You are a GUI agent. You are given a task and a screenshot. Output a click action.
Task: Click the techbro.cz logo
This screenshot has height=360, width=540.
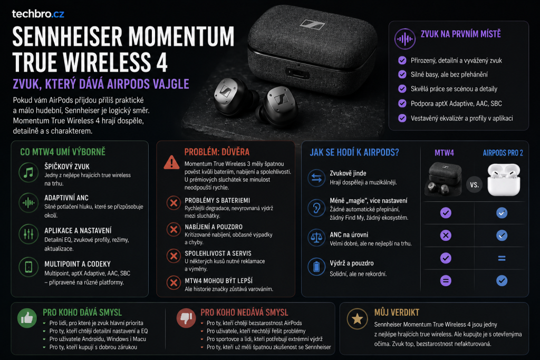(x=38, y=14)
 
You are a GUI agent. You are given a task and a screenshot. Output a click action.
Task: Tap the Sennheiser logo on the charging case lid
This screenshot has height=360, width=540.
(x=312, y=24)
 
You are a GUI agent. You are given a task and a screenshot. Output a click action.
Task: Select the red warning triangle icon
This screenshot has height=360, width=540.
(x=171, y=162)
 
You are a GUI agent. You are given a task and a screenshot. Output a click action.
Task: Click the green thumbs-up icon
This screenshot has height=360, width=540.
(x=27, y=318)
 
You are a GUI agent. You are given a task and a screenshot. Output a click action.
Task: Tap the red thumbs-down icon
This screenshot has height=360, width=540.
(x=186, y=318)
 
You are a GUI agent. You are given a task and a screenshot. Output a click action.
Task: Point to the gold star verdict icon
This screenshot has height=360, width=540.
(x=357, y=319)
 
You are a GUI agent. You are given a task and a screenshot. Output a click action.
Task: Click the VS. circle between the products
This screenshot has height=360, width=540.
(x=474, y=185)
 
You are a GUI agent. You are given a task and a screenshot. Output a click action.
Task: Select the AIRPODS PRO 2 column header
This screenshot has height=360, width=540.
(x=503, y=153)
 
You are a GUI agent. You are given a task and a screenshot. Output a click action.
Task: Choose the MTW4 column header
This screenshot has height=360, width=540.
(x=444, y=153)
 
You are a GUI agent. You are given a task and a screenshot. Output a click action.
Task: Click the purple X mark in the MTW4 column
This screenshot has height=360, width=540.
(x=446, y=236)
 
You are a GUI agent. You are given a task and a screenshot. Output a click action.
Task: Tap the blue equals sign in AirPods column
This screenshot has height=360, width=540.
(x=502, y=258)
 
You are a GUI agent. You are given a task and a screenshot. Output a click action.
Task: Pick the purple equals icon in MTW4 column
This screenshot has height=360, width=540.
(x=446, y=281)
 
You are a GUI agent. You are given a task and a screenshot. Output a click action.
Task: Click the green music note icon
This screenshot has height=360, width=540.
(x=28, y=172)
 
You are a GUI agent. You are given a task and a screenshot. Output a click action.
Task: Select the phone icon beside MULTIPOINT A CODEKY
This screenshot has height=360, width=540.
(x=28, y=267)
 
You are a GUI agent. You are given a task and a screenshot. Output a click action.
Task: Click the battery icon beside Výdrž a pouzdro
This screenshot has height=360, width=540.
(x=316, y=267)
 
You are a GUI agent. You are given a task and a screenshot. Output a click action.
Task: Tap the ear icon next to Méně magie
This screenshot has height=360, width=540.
(x=316, y=208)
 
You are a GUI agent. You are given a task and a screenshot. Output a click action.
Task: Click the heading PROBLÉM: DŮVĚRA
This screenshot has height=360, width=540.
(x=217, y=152)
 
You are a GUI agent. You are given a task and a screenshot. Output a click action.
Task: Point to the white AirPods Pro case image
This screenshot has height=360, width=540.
(x=504, y=180)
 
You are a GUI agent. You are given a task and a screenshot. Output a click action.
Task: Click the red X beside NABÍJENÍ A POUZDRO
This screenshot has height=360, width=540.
(x=173, y=230)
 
